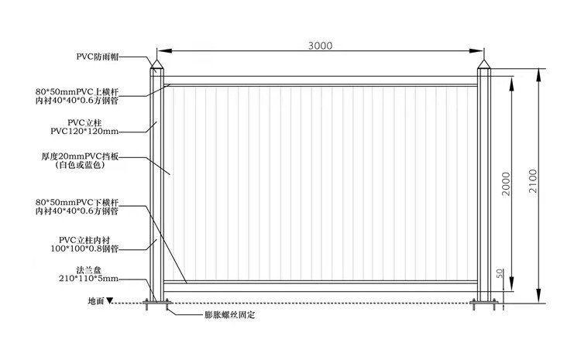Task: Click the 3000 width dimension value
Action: (319, 46)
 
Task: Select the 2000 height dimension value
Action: (506, 183)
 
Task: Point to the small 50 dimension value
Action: (500, 275)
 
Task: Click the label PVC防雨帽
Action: (99, 57)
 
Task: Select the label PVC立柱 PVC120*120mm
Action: (88, 127)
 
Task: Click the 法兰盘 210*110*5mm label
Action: (88, 273)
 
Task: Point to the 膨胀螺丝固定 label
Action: (229, 316)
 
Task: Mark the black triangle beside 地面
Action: (110, 300)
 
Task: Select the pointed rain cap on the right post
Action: (485, 65)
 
